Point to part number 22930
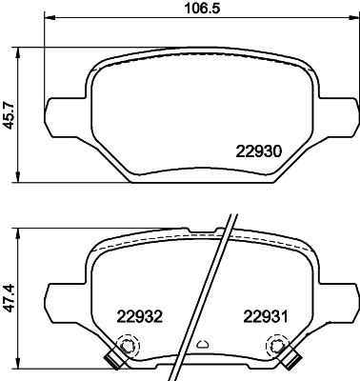[257, 150]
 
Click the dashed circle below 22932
[125, 349]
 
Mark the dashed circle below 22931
[279, 349]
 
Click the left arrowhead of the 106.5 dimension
[49, 20]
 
